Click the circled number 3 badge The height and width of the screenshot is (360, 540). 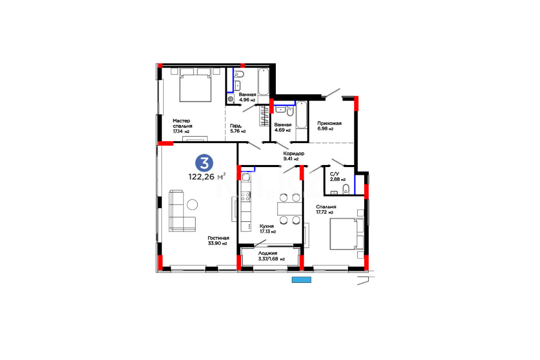tap(204, 163)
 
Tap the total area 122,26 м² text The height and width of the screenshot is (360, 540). tap(207, 177)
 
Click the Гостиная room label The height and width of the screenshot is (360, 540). tap(218, 238)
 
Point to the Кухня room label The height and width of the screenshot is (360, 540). tap(267, 226)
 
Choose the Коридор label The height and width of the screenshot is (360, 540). tap(294, 153)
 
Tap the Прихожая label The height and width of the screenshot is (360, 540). tap(329, 123)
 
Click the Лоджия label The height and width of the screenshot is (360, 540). tap(268, 253)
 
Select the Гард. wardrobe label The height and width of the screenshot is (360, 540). tap(236, 125)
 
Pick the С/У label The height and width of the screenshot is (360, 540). tap(334, 175)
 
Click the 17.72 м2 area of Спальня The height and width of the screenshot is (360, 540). tap(325, 212)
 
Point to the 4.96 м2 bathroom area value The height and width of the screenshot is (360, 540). tap(247, 100)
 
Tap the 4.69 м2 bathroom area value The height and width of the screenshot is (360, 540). tap(282, 130)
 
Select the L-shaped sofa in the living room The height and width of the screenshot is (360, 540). tap(182, 211)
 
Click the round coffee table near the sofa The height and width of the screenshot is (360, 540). tap(192, 205)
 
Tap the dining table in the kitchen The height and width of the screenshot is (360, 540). tap(290, 209)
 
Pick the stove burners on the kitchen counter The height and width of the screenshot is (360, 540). tap(245, 197)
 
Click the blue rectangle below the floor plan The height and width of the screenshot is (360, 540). tap(301, 280)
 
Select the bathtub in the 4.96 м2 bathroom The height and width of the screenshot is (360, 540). tap(264, 82)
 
